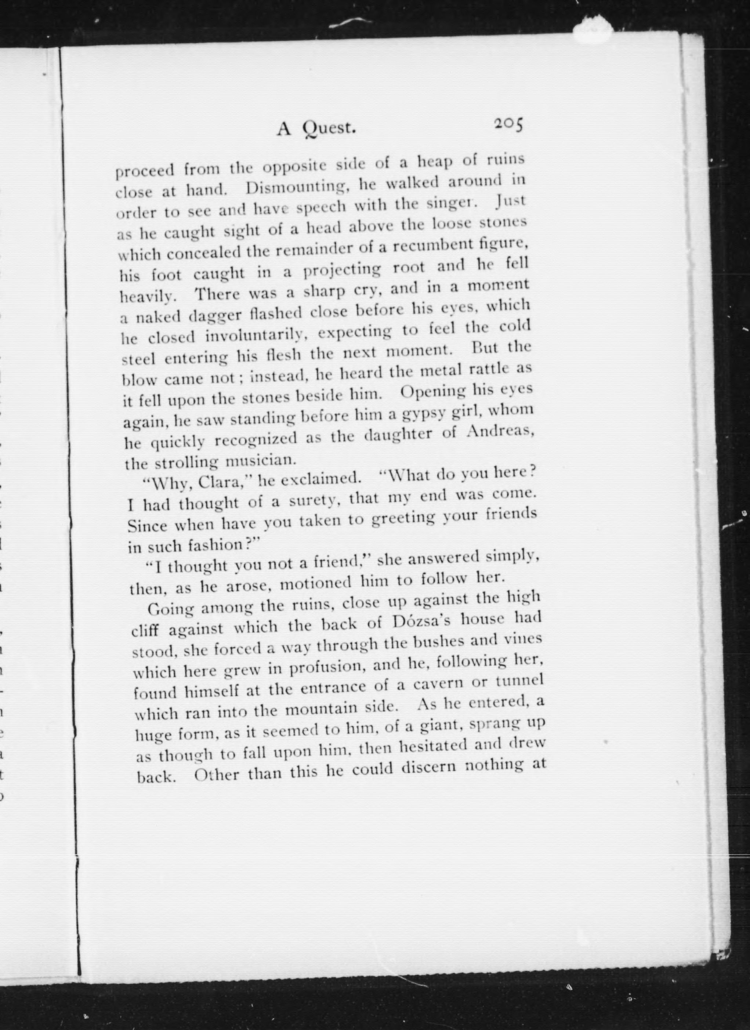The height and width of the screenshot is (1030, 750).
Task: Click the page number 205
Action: tap(509, 124)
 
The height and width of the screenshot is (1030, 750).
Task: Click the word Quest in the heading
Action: tap(329, 128)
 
